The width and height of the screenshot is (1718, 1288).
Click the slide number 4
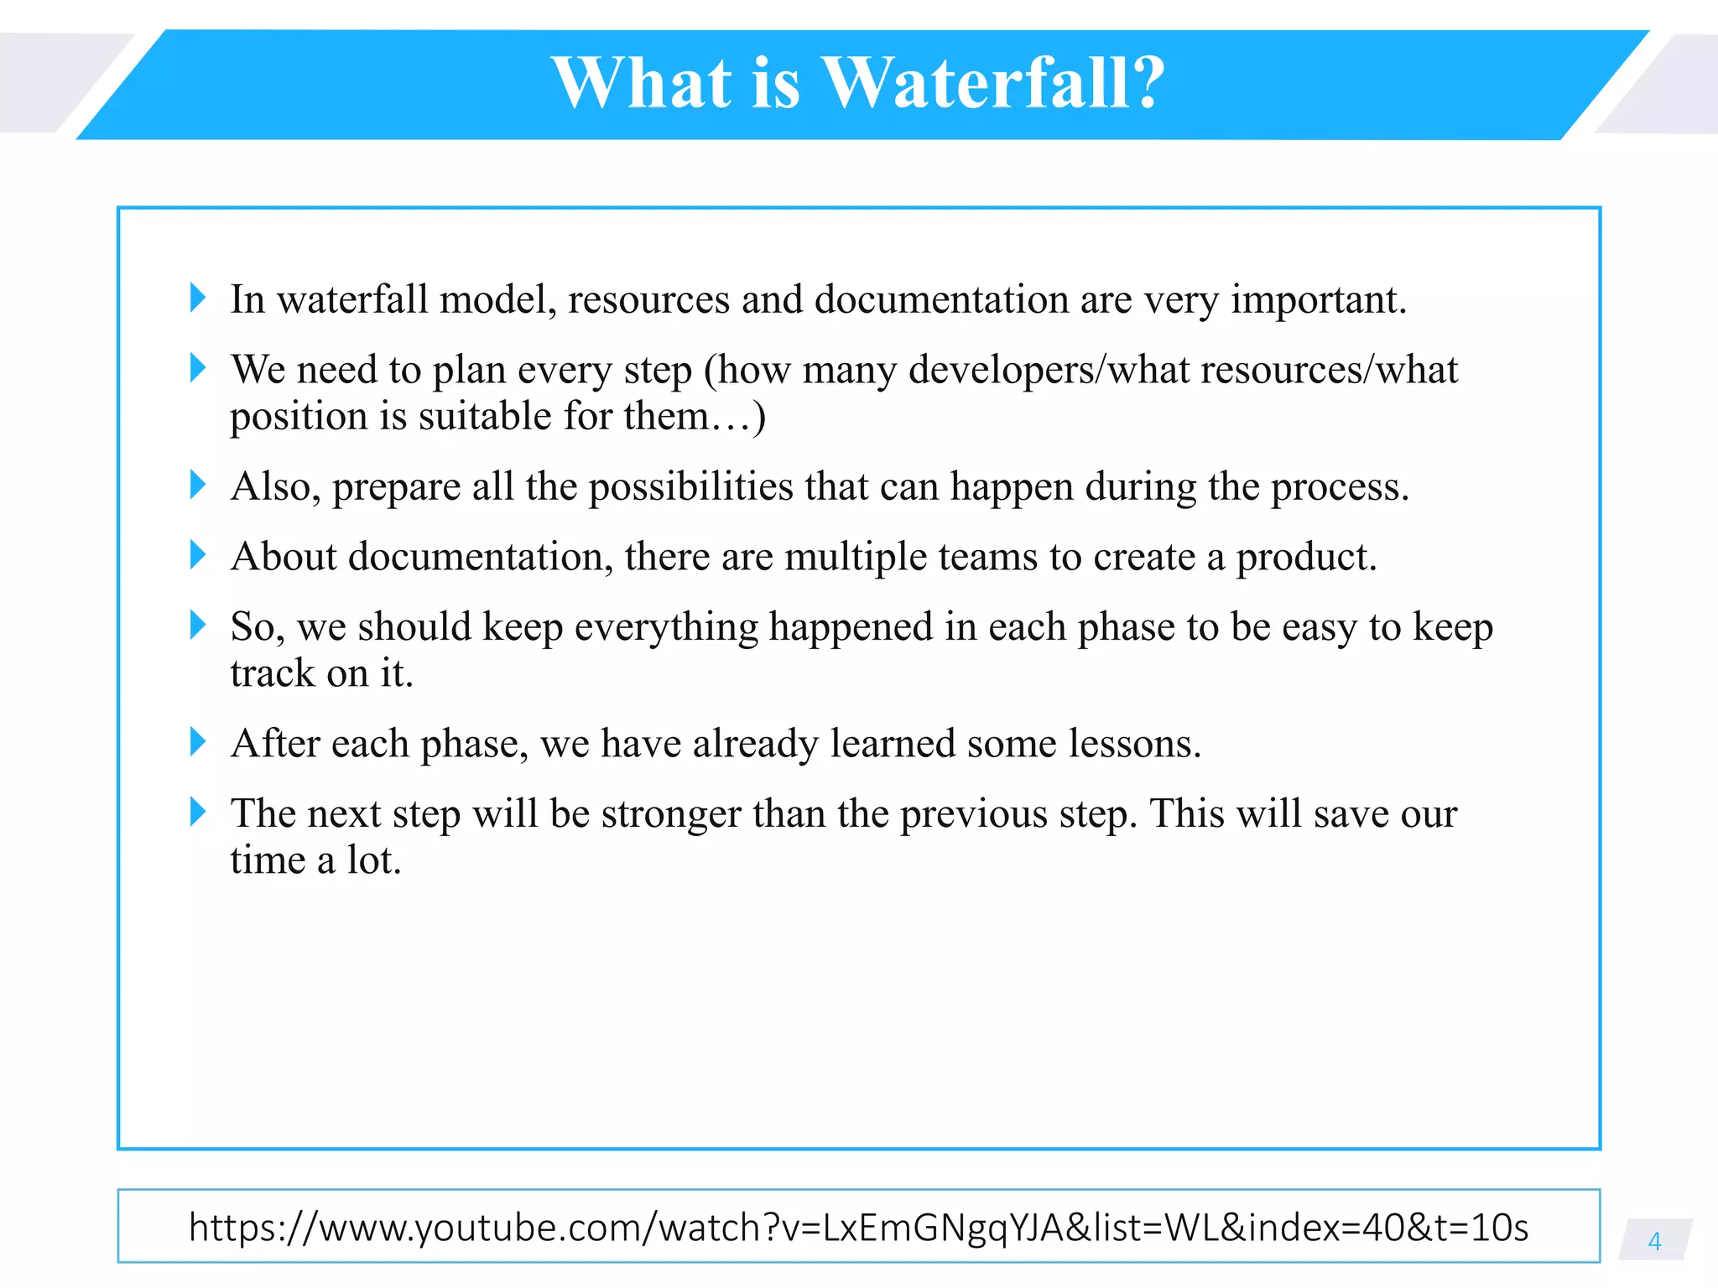click(1654, 1241)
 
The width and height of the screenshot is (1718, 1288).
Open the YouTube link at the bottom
click(858, 1227)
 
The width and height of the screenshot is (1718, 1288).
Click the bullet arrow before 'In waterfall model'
click(198, 298)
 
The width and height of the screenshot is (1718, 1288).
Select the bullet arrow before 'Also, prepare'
click(198, 485)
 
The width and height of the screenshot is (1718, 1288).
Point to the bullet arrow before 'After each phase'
click(198, 741)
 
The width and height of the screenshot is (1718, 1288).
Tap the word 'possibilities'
click(690, 487)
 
